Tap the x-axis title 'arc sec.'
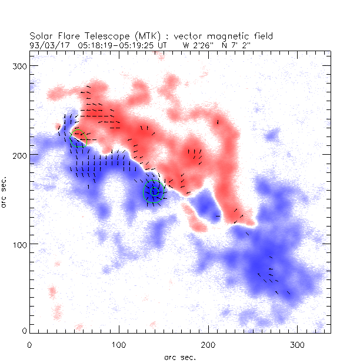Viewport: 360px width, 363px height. [x=179, y=357]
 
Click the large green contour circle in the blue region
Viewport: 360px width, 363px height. [x=154, y=192]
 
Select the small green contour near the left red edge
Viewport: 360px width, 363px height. [x=77, y=134]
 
